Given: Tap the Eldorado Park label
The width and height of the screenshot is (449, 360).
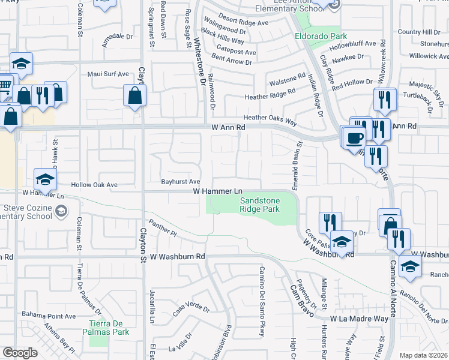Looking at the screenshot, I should point(317,36).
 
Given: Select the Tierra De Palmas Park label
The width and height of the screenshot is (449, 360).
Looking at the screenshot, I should point(106,328).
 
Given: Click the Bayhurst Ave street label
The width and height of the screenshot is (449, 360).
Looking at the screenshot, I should point(180,181).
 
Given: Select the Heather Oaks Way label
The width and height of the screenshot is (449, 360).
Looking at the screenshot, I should point(270,119).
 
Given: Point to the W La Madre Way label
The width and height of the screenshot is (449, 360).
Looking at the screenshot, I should point(359,319).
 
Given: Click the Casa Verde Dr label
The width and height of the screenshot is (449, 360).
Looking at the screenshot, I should point(191,311).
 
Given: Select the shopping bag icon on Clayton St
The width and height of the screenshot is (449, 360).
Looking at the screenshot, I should point(135,95).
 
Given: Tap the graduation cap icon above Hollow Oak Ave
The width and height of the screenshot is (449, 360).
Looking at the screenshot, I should point(45,179).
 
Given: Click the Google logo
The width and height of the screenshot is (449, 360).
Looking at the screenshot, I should point(20,353).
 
